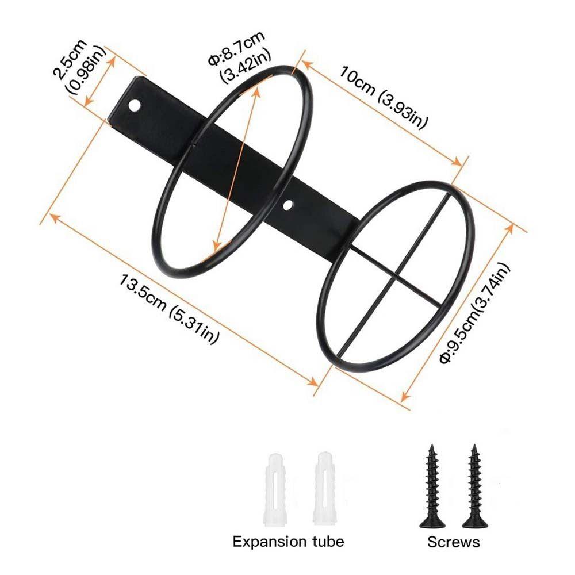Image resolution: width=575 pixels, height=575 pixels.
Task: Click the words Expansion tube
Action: click(x=288, y=541)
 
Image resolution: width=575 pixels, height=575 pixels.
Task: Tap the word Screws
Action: click(x=453, y=542)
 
